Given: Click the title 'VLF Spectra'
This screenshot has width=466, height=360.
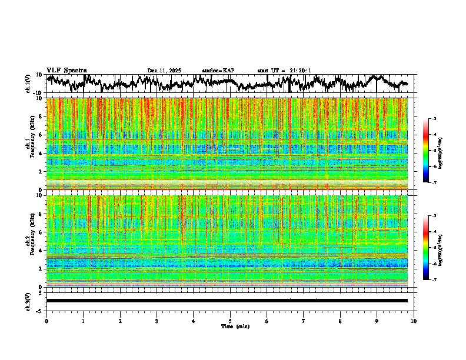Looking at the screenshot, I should [66, 71].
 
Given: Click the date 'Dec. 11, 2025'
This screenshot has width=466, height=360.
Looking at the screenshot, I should [164, 71].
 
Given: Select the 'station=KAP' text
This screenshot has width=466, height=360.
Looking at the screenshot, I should [218, 71].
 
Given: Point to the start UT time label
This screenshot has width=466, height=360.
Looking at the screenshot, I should [284, 71].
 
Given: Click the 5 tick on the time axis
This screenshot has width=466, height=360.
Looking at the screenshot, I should [230, 321].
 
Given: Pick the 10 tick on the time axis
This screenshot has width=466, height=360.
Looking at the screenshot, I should [414, 321].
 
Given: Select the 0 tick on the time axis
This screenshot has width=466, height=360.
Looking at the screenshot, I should [46, 321].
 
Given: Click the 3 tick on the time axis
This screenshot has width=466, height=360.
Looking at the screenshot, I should [157, 321].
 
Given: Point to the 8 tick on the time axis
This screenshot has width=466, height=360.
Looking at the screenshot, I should [340, 321].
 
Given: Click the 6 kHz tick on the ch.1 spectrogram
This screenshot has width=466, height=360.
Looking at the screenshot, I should [42, 135].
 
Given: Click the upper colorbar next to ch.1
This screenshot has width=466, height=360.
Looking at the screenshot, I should [426, 151].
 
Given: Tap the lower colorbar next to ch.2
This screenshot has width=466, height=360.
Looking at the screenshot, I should [426, 248].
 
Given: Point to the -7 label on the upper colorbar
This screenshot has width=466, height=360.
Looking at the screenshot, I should [434, 183].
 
